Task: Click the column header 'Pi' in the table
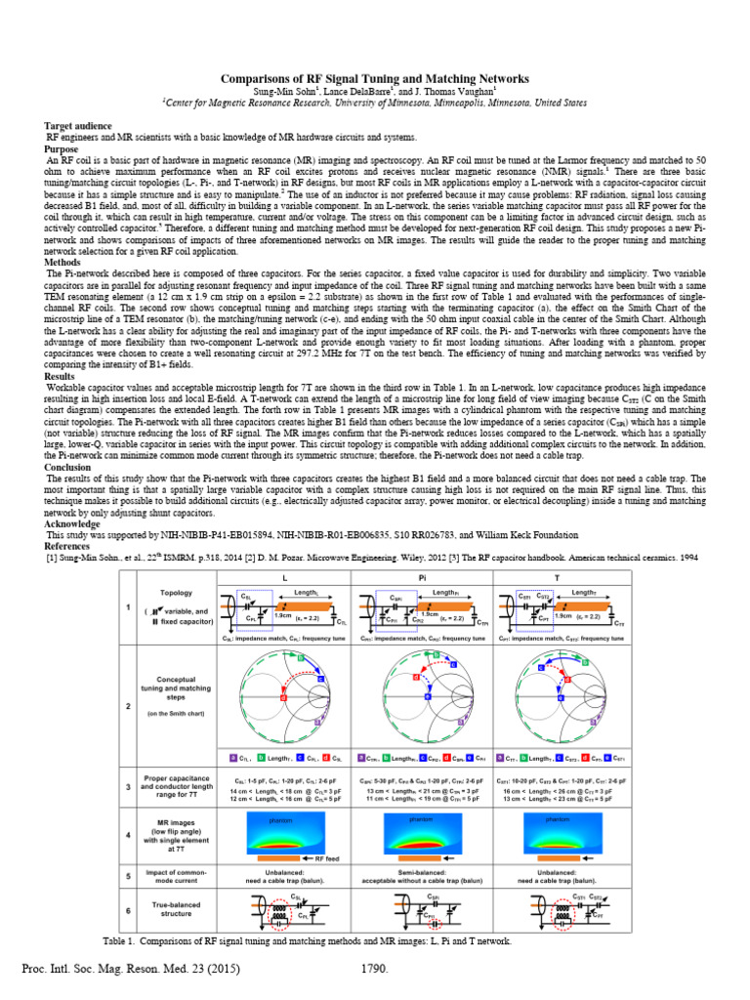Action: tap(420, 578)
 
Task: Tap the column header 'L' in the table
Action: tap(283, 578)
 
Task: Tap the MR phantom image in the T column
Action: tap(558, 833)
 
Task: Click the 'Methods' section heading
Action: tap(64, 263)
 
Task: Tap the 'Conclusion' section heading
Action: tap(68, 467)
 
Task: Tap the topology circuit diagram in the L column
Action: tap(283, 612)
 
